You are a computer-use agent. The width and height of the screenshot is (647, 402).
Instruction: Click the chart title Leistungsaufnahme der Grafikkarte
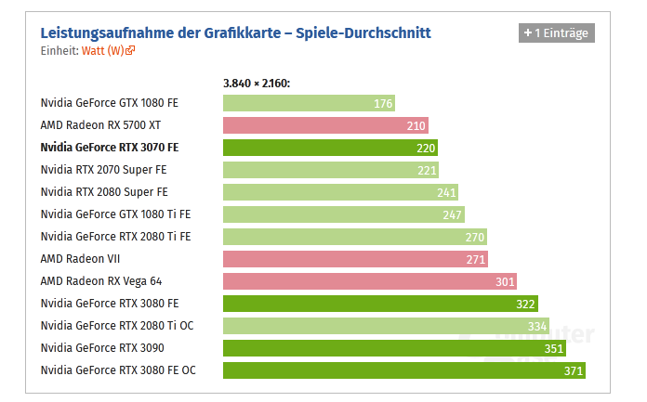click(235, 33)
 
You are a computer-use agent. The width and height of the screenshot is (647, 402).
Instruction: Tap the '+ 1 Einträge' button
click(555, 32)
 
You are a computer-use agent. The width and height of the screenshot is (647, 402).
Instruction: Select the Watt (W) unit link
click(107, 50)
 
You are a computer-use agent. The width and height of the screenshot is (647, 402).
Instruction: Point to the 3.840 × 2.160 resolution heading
click(257, 84)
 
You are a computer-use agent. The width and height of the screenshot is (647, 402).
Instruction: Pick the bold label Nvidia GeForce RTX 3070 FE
click(109, 148)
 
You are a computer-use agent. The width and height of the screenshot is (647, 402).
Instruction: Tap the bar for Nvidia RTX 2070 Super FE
click(330, 170)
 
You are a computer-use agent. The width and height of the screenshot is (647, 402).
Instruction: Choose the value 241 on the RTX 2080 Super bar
click(446, 192)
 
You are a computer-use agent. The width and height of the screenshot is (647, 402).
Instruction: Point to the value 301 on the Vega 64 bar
click(503, 281)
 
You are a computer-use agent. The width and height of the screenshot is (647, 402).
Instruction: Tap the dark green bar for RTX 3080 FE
click(380, 304)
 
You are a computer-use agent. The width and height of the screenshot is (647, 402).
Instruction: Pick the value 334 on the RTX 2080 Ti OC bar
click(536, 326)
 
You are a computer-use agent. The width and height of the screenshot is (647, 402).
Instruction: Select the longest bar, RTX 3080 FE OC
click(403, 370)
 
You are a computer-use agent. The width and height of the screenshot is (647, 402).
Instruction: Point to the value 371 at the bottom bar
click(573, 370)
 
